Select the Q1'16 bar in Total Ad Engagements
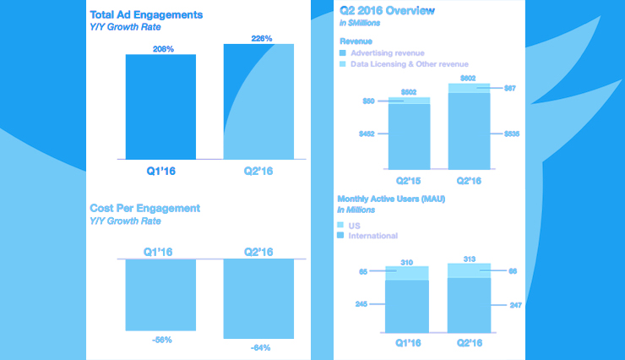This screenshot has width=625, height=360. pos(160,106)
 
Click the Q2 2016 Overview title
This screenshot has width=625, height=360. pos(388,11)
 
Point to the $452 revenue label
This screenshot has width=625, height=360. pos(368,133)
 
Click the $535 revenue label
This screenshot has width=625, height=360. pos(512,133)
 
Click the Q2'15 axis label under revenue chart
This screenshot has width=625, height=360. pos(409,180)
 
